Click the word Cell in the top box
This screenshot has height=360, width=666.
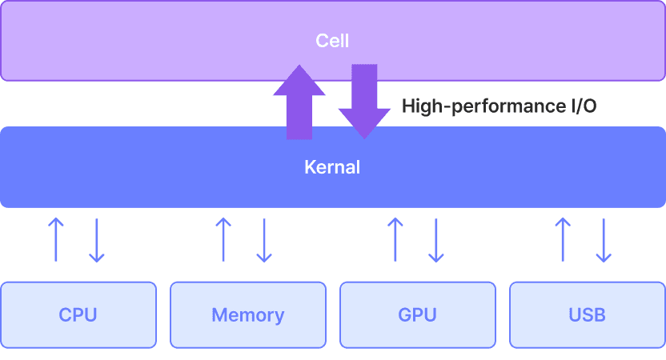332,40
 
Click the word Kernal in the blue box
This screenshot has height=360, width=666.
332,168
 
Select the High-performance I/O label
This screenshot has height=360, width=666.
499,106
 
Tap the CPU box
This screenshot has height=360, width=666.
78,314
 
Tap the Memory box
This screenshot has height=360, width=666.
248,314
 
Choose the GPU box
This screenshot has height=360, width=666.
418,314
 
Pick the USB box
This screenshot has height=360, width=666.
588,314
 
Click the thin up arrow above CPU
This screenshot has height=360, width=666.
55,238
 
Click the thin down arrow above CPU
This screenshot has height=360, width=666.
96,240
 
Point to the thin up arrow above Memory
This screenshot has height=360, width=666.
223,238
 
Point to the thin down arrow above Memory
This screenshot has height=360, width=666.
264,240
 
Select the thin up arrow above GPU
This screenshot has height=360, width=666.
395,238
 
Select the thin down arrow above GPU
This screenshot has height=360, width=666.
435,240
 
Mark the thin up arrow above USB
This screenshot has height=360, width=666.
564,238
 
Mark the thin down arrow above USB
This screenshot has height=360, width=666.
604,240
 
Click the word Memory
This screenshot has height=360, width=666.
248,315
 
